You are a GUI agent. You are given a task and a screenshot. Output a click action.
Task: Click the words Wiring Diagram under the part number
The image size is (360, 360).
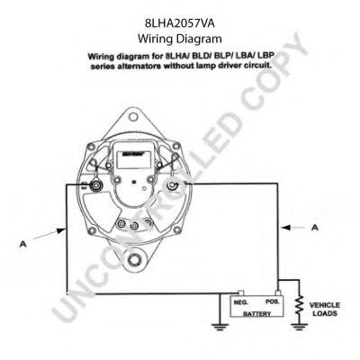click(179, 39)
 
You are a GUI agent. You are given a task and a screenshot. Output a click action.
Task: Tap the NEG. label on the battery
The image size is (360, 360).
click(240, 304)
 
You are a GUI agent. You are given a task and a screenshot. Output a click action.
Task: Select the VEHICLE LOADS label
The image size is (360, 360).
click(324, 310)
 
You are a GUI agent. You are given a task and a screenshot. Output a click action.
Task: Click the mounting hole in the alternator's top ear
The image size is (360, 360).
click(134, 117)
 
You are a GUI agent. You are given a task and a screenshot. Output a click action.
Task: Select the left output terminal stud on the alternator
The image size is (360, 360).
click(94, 187)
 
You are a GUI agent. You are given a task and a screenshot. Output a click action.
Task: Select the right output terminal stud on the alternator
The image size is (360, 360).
click(171, 186)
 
